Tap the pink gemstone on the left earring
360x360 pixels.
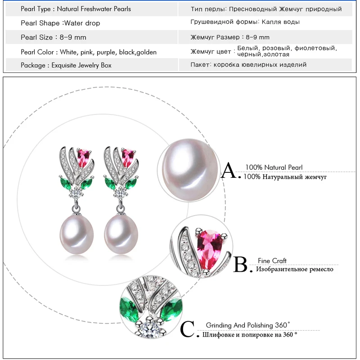(x=84, y=157)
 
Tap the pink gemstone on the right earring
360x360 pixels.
(x=128, y=157)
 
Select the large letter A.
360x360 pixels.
(x=229, y=171)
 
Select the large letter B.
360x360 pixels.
(x=241, y=265)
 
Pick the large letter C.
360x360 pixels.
(x=187, y=329)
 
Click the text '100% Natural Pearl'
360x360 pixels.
(x=274, y=167)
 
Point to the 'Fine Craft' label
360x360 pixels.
(x=272, y=261)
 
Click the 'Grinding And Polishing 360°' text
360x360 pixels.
(x=248, y=325)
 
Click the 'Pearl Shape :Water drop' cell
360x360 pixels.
(x=61, y=23)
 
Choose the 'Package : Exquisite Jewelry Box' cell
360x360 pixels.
(x=66, y=65)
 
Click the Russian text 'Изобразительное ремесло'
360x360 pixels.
(x=295, y=269)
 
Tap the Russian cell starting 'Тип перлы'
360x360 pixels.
(x=266, y=9)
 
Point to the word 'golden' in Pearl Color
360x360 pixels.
(x=146, y=52)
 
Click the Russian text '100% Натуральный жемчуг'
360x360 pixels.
(x=285, y=177)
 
